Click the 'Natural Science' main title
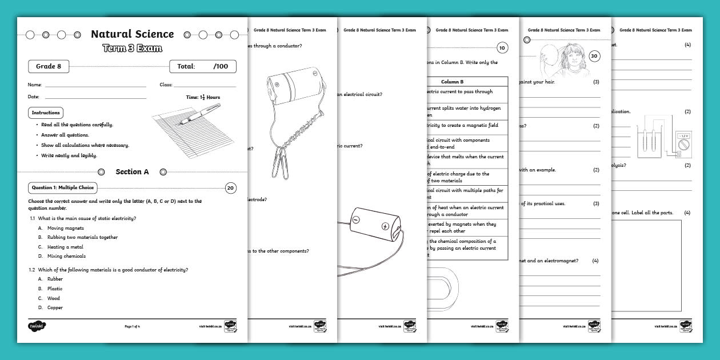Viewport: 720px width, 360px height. [x=133, y=34]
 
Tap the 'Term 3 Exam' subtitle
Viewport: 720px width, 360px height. [x=133, y=48]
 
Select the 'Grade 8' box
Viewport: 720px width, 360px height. [x=49, y=66]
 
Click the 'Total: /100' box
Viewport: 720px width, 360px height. [x=202, y=66]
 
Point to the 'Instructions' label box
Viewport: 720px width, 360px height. [x=45, y=113]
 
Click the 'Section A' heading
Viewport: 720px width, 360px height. [x=132, y=171]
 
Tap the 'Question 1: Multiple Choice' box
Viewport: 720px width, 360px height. [x=63, y=187]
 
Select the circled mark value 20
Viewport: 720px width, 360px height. [x=230, y=187]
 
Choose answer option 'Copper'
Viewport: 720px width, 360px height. [x=55, y=307]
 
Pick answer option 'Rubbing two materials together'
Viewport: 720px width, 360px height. [x=82, y=237]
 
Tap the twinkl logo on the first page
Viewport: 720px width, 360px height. [x=37, y=326]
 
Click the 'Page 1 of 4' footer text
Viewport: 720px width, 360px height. [x=132, y=326]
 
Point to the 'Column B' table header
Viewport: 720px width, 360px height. [x=452, y=82]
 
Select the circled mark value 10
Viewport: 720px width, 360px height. [x=502, y=48]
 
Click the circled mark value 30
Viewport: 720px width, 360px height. [x=594, y=56]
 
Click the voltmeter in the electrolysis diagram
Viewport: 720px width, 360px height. [x=684, y=144]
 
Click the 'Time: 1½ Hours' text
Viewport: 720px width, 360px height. [x=203, y=97]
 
